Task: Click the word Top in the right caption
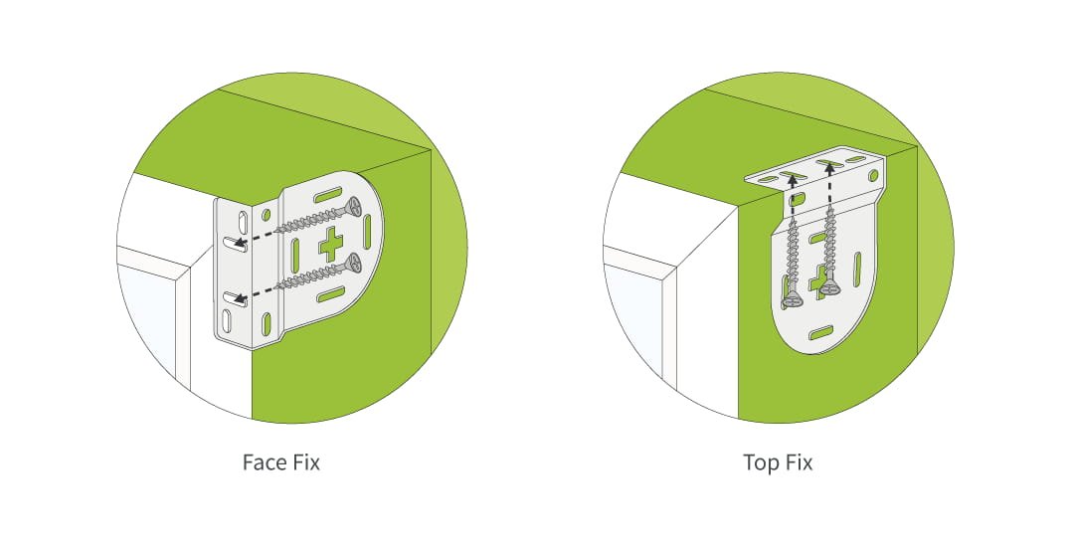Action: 761,463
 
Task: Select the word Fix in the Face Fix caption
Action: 303,463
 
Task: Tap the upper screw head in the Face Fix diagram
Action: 352,208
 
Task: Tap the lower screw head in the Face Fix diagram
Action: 352,265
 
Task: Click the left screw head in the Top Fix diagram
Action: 793,295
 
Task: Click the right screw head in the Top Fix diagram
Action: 829,287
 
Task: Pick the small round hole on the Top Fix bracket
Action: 873,175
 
